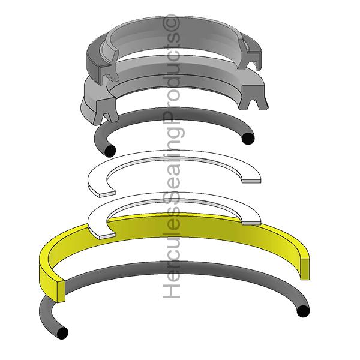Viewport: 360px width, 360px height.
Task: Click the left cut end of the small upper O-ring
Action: (110, 149)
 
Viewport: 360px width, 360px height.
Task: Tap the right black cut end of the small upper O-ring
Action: (248, 139)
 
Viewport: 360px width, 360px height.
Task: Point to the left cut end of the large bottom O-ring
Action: (61, 332)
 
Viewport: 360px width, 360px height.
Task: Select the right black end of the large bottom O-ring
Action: (303, 311)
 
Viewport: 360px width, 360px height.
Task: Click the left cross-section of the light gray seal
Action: (105, 108)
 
